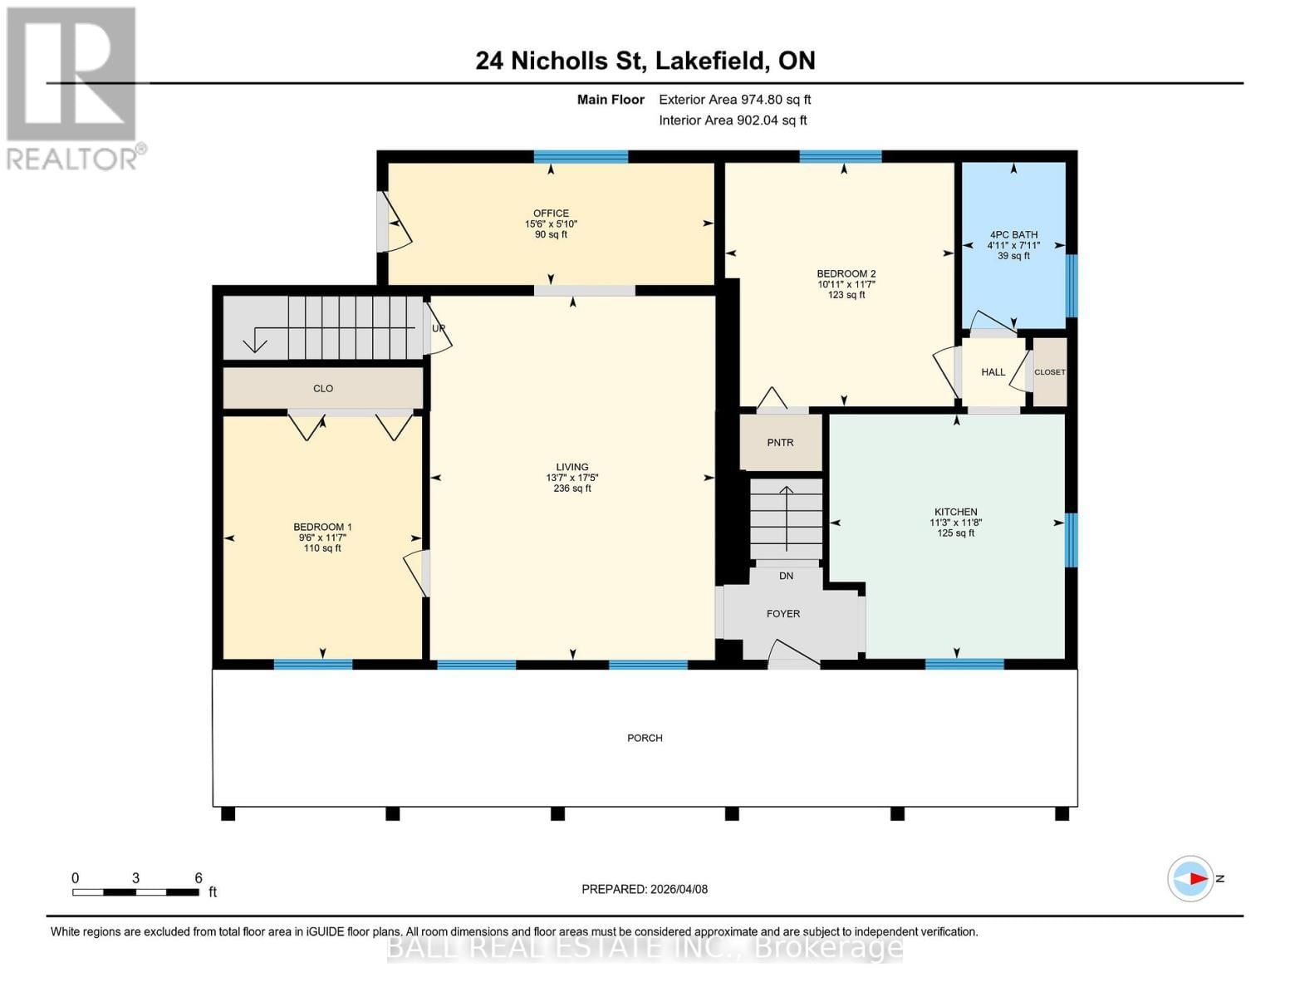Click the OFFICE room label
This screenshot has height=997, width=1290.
(x=551, y=214)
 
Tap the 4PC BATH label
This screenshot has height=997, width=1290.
(x=1013, y=235)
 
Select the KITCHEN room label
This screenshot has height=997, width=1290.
(x=955, y=512)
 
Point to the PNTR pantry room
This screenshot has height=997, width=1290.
(x=780, y=443)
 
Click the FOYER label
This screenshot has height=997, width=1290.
(x=782, y=614)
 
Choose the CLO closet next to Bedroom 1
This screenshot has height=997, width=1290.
(x=323, y=388)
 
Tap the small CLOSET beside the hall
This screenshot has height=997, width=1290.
(x=1049, y=372)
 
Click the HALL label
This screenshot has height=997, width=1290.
(x=993, y=372)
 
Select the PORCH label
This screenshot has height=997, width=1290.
(x=645, y=738)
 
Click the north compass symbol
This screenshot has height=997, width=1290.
(x=1191, y=878)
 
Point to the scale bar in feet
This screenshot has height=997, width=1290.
(x=135, y=892)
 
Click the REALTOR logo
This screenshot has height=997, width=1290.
(x=73, y=87)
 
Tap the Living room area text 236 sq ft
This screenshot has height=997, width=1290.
(x=571, y=489)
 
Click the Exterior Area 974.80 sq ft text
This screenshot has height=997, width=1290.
(x=734, y=100)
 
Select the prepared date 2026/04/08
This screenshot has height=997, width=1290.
(x=645, y=889)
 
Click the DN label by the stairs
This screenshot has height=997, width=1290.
(x=786, y=576)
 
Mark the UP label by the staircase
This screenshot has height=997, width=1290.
(x=439, y=328)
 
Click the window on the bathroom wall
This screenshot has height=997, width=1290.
(x=1072, y=286)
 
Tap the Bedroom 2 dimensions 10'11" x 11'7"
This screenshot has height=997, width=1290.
(x=846, y=284)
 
